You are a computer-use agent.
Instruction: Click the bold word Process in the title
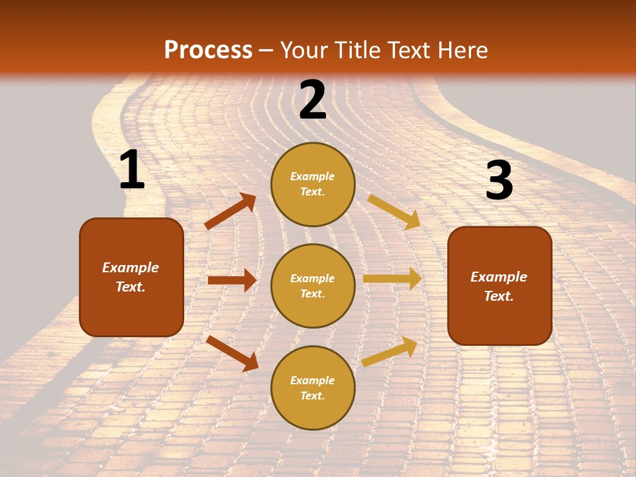[208, 50]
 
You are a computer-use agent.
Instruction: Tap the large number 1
[132, 170]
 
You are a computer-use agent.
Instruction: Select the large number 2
[313, 100]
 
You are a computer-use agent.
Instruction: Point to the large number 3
[500, 181]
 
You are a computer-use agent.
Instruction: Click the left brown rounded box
[131, 277]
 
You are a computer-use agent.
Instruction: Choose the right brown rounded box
[500, 286]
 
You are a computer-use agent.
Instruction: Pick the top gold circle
[313, 184]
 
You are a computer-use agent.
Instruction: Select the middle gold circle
[313, 286]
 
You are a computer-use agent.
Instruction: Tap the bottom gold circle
[313, 388]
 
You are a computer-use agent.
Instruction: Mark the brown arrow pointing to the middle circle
[232, 280]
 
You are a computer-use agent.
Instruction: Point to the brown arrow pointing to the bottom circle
[233, 353]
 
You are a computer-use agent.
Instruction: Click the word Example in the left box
[131, 268]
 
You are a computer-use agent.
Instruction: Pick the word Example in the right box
[499, 277]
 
